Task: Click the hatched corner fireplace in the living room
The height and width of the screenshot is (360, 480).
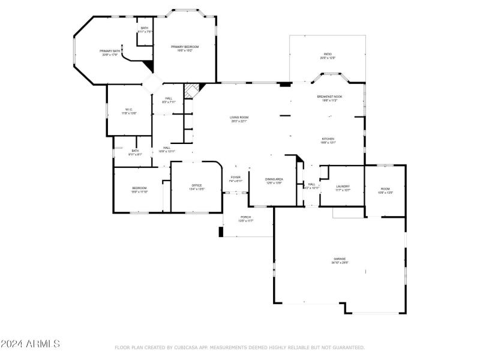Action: (191, 91)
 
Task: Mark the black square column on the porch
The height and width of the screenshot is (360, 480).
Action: (221, 232)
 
